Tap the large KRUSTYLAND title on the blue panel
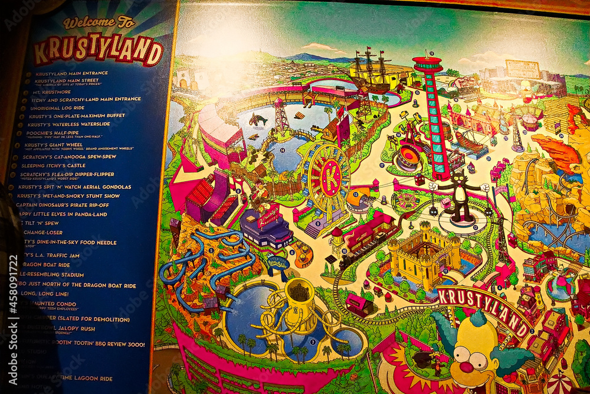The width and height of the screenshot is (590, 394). pos(98,51)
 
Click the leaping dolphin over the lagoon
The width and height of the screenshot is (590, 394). pos(257,119)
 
